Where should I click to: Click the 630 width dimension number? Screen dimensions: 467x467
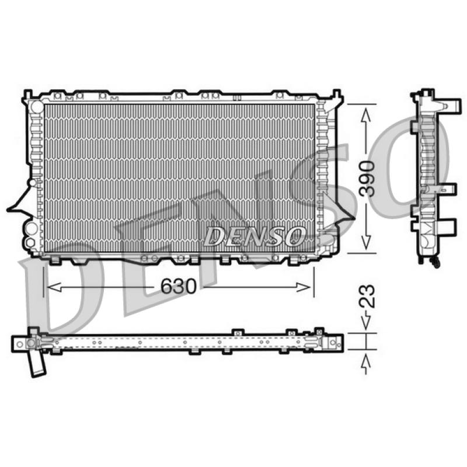coord(179,286)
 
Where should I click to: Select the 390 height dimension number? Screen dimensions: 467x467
coord(367,179)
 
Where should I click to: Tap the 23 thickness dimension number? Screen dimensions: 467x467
coord(367,296)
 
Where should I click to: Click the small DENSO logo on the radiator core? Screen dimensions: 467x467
coord(255,236)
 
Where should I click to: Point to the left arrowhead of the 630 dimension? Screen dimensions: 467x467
coord(54,287)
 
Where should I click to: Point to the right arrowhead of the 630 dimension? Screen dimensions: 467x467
coord(304,287)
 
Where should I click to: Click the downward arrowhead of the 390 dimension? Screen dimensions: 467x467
coord(366,242)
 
